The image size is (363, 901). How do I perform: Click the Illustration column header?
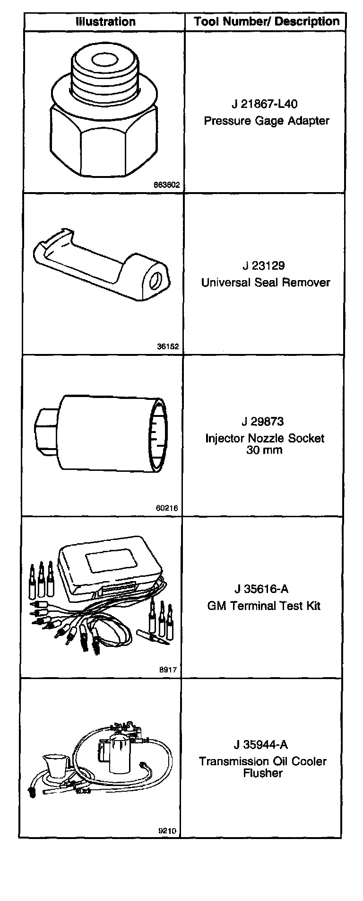point(106,22)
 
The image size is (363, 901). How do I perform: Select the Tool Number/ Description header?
point(267,21)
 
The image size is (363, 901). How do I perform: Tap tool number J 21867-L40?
point(265,104)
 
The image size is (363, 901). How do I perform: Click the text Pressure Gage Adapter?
point(266,121)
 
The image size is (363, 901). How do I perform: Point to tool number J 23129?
point(265,265)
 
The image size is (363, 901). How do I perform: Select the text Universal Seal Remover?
point(265,283)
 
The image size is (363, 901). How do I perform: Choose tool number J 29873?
point(265,421)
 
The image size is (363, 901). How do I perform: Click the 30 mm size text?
point(264,450)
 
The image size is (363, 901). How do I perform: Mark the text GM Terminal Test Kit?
point(264,606)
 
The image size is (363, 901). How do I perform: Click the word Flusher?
point(263,773)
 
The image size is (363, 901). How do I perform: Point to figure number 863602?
point(166,185)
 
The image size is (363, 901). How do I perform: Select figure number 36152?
point(168,346)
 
